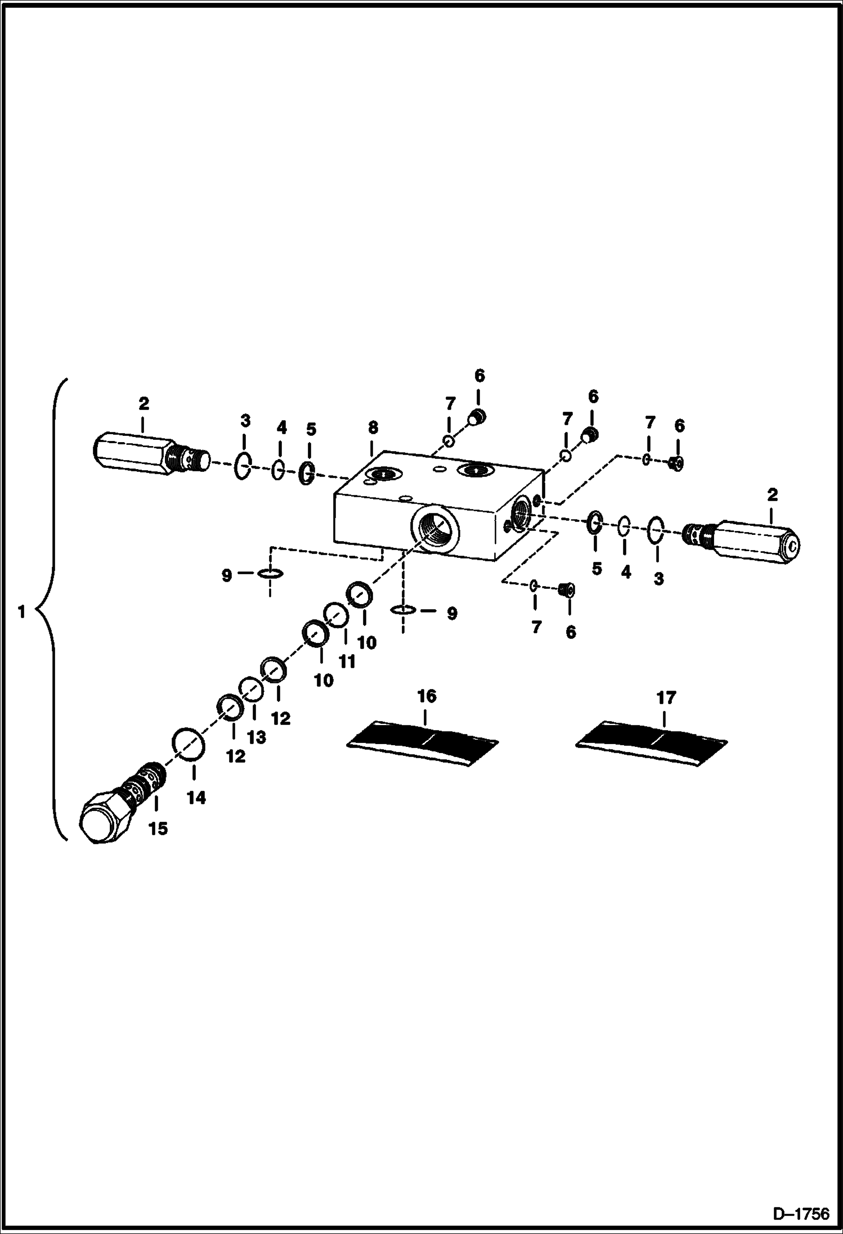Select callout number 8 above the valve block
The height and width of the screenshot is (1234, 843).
pyautogui.click(x=373, y=427)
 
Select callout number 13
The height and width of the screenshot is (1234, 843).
pyautogui.click(x=257, y=737)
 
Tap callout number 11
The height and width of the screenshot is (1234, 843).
pyautogui.click(x=347, y=661)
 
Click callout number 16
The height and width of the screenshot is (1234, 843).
pyautogui.click(x=427, y=696)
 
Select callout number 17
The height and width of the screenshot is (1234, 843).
pyautogui.click(x=666, y=698)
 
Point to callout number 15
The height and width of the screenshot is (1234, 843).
pyautogui.click(x=158, y=828)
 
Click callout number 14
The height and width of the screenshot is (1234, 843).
pyautogui.click(x=196, y=798)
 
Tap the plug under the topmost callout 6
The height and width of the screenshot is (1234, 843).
pyautogui.click(x=477, y=417)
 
